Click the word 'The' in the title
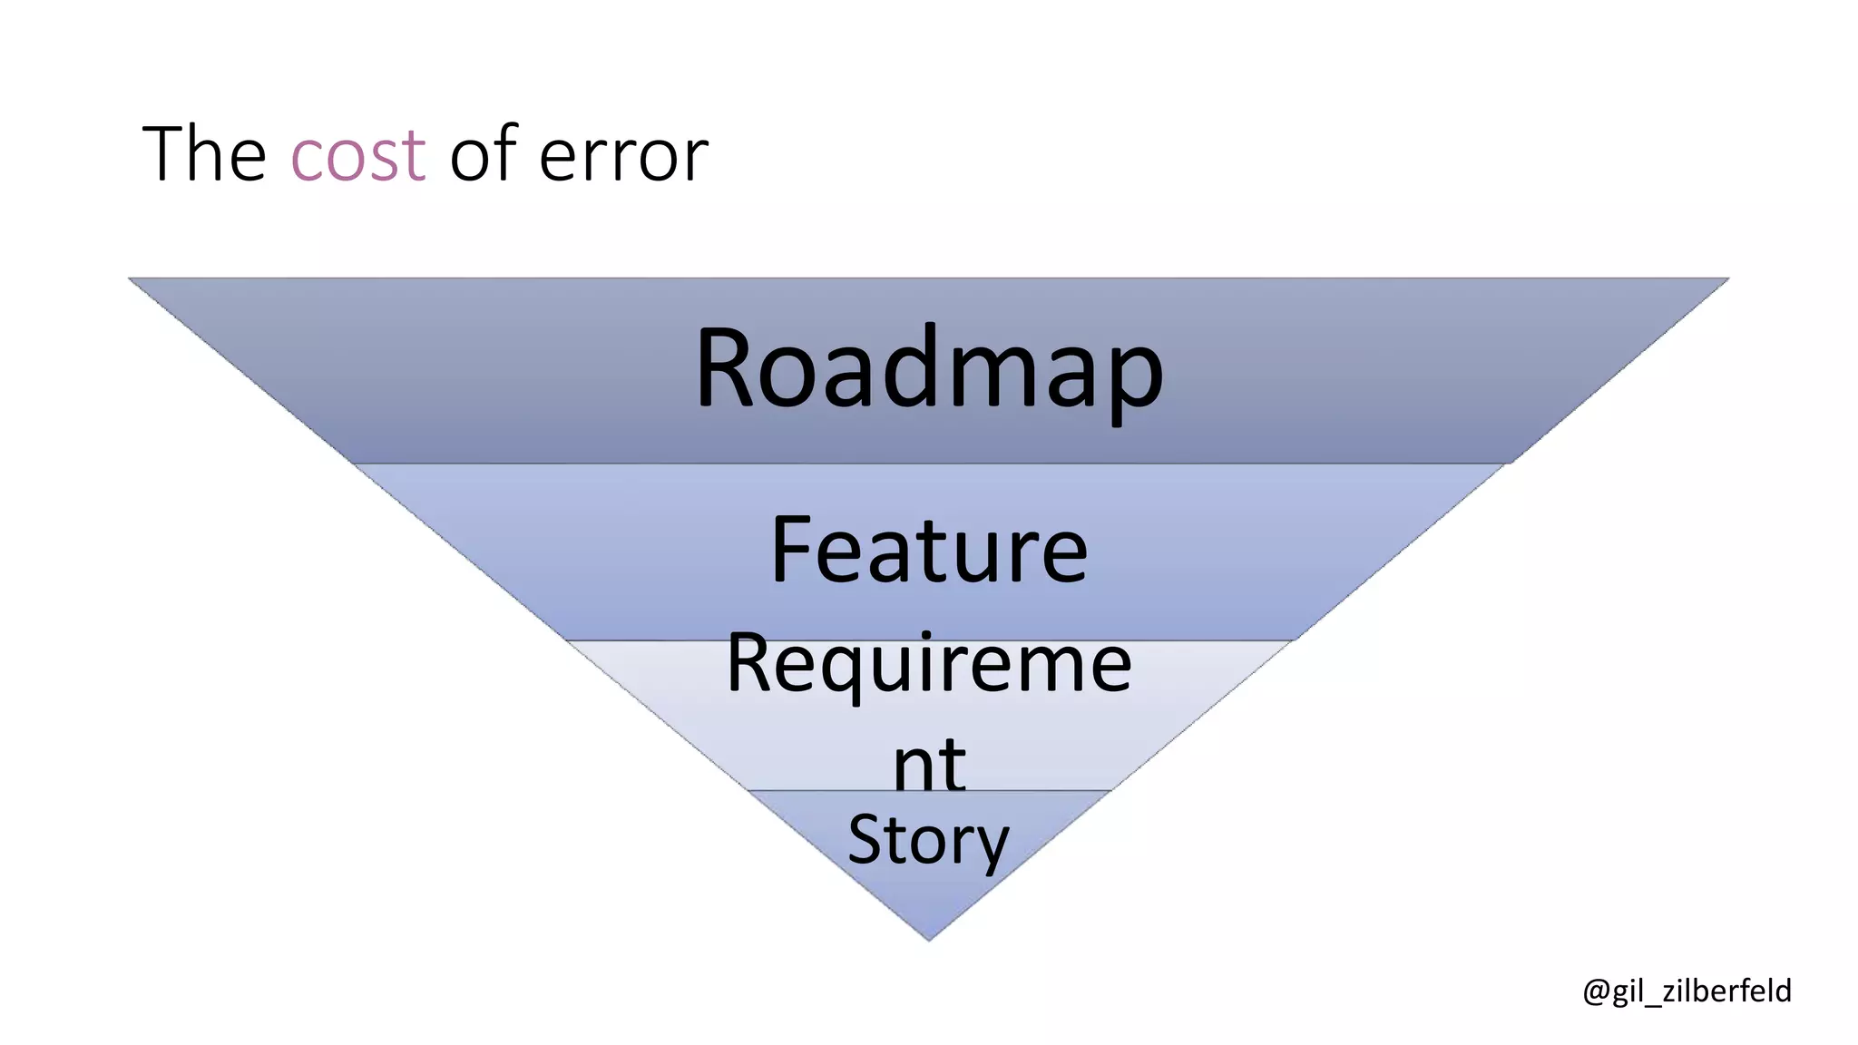tap(204, 154)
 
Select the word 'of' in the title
tap(482, 154)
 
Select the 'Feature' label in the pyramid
tap(928, 551)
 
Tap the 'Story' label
tap(928, 840)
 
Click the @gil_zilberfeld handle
tap(1687, 991)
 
